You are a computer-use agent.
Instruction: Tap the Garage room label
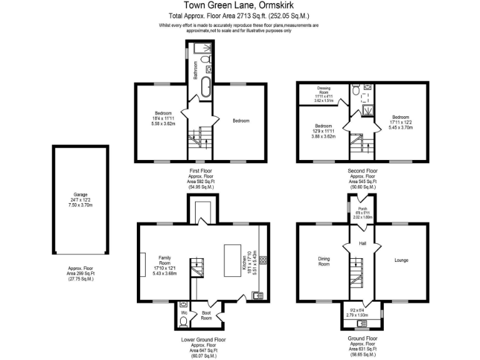(80, 194)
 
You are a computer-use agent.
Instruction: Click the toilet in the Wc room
(183, 322)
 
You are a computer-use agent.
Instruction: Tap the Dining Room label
(323, 262)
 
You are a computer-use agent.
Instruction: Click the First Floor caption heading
(201, 169)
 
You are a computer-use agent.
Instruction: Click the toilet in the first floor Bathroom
(209, 69)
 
